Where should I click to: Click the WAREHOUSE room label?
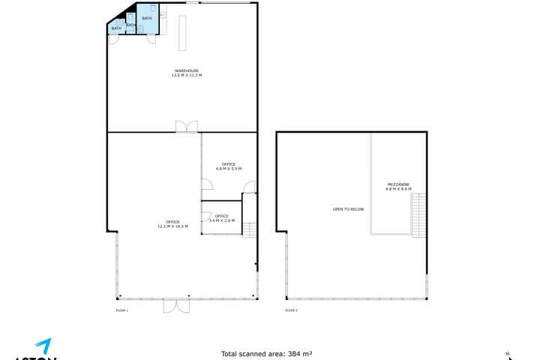pos(187,71)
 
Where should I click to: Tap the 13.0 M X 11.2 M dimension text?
pos(187,76)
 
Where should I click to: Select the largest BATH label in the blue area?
pos(146,18)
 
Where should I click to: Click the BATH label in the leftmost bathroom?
pos(115,28)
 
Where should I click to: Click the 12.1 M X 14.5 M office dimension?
pos(172,226)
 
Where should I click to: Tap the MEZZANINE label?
pos(398,184)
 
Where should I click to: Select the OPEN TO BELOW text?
pos(348,209)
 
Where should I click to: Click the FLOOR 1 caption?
pos(122,310)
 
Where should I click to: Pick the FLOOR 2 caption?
pos(291,310)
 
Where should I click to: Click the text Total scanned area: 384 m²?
pos(266,353)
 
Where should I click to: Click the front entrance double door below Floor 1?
pos(178,307)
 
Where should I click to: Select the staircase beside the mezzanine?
pos(418,214)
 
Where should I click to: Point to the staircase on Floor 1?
pos(250,230)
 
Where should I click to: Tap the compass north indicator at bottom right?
pos(507,355)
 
